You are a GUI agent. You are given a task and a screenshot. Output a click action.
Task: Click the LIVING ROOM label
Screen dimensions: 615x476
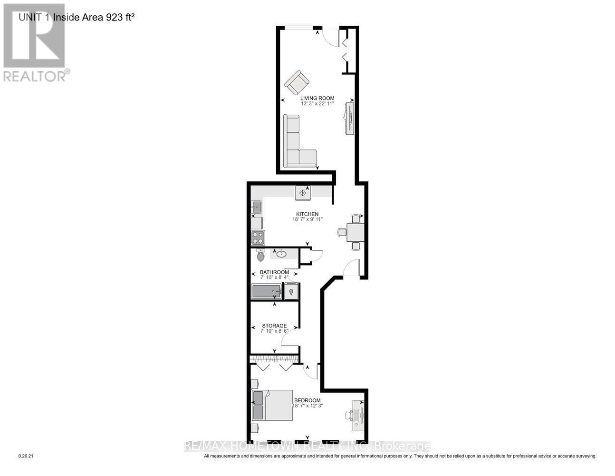(317, 98)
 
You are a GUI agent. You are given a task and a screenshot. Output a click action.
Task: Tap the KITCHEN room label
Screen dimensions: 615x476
(307, 214)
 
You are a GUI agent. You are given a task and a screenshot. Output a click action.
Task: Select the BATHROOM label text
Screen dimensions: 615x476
(275, 272)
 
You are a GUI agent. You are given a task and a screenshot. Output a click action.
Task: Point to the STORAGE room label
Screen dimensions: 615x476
(274, 326)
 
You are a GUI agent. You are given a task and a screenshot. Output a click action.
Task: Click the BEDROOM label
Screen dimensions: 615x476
(307, 400)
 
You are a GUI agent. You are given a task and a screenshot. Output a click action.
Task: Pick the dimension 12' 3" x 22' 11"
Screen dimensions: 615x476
(317, 104)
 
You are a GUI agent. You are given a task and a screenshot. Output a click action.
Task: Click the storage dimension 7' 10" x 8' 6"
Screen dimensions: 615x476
(274, 331)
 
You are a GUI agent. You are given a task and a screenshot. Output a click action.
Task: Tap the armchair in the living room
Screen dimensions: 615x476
(297, 83)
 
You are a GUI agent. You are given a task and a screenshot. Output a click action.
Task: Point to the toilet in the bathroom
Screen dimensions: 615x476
(260, 255)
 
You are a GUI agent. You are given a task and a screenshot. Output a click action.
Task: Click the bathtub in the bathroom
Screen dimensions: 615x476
(266, 291)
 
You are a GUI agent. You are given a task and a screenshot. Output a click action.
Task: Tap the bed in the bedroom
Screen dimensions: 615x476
(272, 405)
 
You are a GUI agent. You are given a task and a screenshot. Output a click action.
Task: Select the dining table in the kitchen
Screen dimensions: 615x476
(356, 232)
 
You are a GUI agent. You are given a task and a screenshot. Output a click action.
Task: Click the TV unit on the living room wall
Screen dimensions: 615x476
(349, 119)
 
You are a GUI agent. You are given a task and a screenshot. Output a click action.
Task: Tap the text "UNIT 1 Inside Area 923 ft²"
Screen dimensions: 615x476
(77, 17)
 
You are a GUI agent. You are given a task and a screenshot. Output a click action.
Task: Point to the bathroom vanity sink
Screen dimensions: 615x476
(281, 254)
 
